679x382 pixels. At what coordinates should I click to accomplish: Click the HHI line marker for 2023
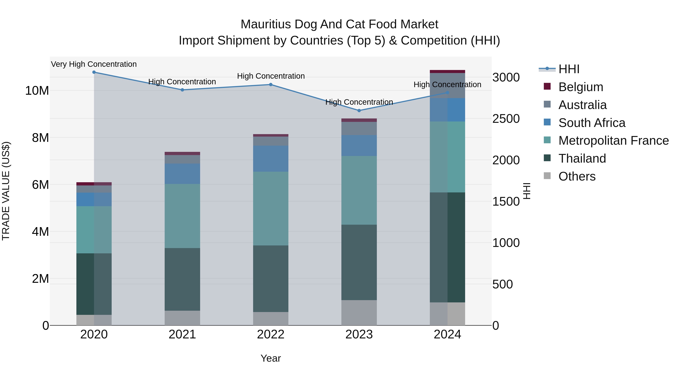coord(359,111)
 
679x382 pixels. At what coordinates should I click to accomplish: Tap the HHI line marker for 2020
coord(94,72)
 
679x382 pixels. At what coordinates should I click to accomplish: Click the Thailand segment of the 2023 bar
coord(359,262)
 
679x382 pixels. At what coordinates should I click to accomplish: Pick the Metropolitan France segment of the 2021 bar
coord(182,216)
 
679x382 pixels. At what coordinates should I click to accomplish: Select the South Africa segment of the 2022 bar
coord(271,159)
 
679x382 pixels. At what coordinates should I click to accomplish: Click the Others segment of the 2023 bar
coord(359,313)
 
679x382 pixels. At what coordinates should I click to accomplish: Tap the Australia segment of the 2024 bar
coord(447,85)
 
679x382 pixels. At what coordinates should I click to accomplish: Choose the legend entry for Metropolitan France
coord(613,141)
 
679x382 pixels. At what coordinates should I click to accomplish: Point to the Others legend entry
coord(577,176)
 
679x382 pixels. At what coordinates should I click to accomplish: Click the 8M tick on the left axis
coord(40,138)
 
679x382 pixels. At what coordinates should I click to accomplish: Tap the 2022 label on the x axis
coord(271,334)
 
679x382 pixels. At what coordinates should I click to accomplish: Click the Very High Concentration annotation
coord(94,64)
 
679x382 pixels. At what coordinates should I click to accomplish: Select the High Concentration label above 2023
coord(359,102)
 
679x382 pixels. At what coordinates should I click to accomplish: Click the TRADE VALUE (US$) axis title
coord(6,191)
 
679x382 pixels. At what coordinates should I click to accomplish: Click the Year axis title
coord(271,358)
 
